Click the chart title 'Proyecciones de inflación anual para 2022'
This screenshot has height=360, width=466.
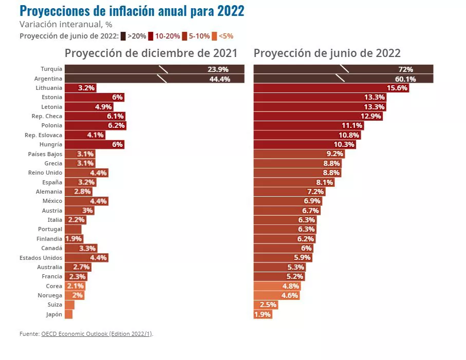pos(132,10)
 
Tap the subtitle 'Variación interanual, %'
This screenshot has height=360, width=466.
pos(66,24)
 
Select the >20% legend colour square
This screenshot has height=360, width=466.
pos(123,36)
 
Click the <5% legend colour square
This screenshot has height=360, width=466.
pos(215,36)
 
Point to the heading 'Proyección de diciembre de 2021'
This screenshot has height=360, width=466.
pos(151,53)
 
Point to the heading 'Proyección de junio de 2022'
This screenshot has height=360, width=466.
pos(327,53)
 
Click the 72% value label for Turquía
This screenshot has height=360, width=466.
pos(405,69)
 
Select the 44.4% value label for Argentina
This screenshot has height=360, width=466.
pos(219,79)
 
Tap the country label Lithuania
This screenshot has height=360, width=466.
pos(49,88)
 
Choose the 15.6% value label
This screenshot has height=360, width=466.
pos(397,88)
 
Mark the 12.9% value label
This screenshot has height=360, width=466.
pos(371,117)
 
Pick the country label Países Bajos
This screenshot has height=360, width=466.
pos(45,154)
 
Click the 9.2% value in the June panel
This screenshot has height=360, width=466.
pos(334,154)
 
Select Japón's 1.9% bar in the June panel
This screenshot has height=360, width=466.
pos(263,314)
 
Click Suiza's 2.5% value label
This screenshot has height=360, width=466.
pos(268,305)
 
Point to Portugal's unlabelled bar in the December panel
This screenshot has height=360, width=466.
pos(73,230)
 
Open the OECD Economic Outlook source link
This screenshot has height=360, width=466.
pos(97,334)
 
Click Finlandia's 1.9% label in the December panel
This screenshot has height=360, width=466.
pos(73,239)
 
